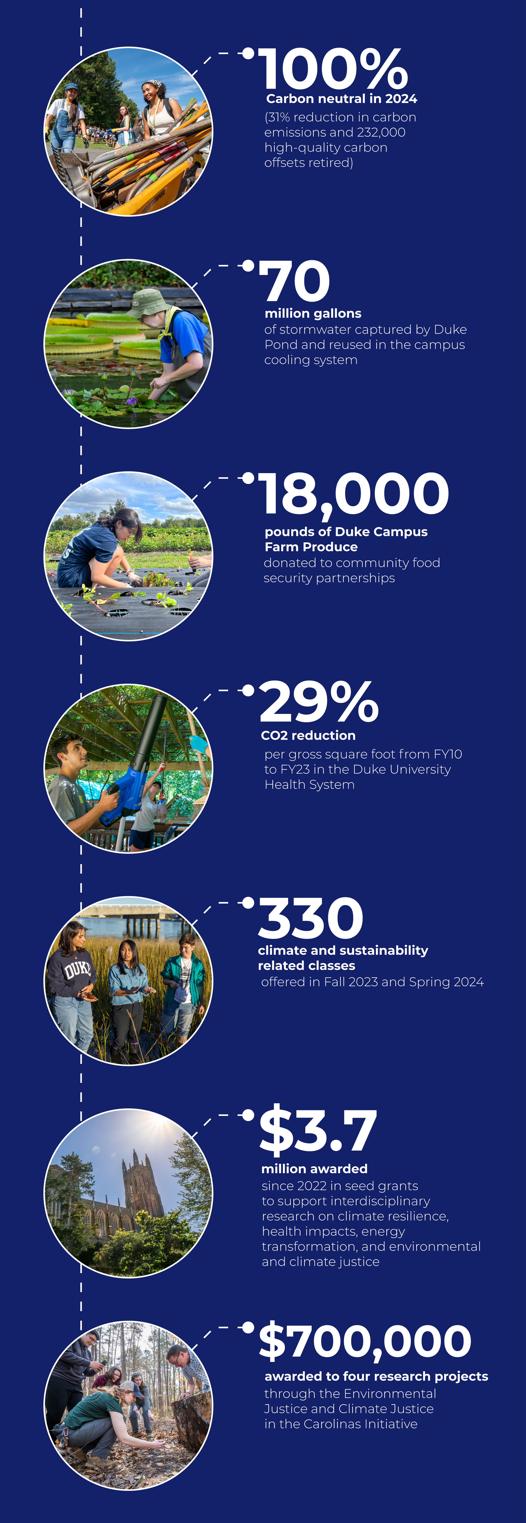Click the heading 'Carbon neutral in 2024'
[x=342, y=99]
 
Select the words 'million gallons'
[x=313, y=313]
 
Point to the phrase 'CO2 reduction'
[x=309, y=736]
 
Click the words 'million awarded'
[x=314, y=1169]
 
